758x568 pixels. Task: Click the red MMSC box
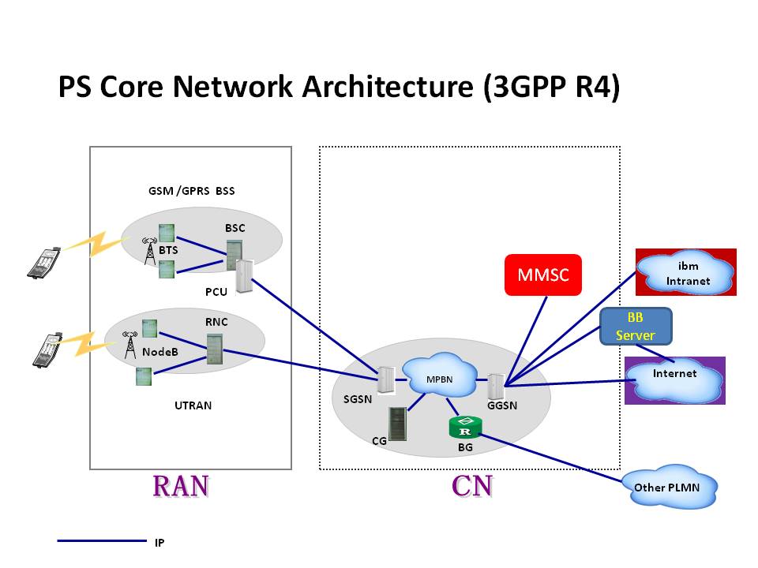543,275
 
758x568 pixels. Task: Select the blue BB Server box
636,326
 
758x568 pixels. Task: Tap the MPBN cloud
438,378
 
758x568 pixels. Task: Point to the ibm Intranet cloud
688,273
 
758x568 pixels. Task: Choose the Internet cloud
675,379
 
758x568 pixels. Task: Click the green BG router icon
465,428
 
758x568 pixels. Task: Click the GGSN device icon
496,386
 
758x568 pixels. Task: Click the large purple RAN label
181,486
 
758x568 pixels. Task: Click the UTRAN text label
193,405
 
